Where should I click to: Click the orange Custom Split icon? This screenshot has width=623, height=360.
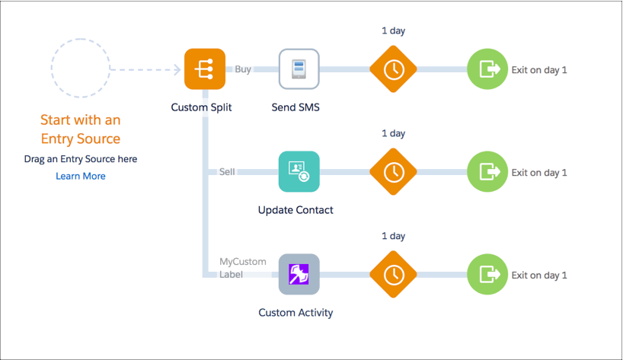205,69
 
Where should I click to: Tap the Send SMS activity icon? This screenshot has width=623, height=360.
299,69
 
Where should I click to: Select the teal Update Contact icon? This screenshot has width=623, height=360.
299,172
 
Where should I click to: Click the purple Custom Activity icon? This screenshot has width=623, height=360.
299,275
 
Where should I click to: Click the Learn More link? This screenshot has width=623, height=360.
81,176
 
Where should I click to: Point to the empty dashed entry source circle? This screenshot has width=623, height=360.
80,69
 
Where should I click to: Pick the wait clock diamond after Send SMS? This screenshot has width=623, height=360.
394,69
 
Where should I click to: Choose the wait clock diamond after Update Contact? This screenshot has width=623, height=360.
394,172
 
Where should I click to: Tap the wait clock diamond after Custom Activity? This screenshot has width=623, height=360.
394,275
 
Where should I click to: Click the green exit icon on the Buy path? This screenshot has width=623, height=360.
487,69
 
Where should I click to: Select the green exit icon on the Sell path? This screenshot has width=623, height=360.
487,172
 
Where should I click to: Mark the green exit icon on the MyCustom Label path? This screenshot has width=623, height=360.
487,275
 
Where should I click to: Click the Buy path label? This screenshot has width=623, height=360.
243,69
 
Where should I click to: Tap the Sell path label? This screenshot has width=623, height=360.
227,172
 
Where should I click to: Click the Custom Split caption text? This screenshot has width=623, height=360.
201,107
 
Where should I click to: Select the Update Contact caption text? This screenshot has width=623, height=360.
296,210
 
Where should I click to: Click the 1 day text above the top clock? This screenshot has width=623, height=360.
394,30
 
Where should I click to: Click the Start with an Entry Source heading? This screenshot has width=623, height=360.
80,129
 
